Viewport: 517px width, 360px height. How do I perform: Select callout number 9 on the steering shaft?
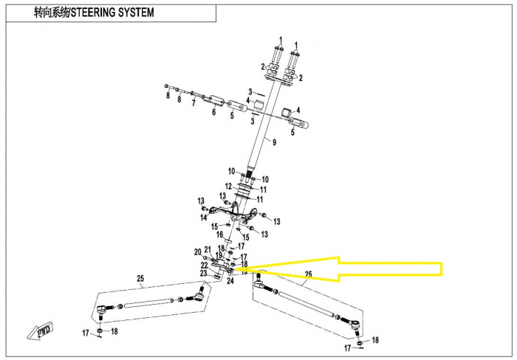point(273,142)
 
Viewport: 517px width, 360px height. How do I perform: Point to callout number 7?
point(194,104)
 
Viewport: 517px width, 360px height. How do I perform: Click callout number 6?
point(213,112)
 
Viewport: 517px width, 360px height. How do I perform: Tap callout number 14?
point(203,218)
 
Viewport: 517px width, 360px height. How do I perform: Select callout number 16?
point(219,235)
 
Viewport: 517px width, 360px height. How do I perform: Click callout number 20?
point(197,252)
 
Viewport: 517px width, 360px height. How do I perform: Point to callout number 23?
point(203,273)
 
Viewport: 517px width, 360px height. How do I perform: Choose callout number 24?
point(230,281)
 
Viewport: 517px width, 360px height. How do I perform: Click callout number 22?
point(203,265)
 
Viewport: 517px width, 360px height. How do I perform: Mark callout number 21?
point(208,249)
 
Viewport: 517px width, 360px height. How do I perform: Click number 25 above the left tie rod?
point(138,278)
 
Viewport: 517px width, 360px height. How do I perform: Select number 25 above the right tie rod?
point(308,274)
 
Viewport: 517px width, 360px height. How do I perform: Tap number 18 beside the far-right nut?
point(374,340)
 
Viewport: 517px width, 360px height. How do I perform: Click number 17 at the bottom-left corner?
point(86,333)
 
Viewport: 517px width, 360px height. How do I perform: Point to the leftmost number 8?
point(168,97)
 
